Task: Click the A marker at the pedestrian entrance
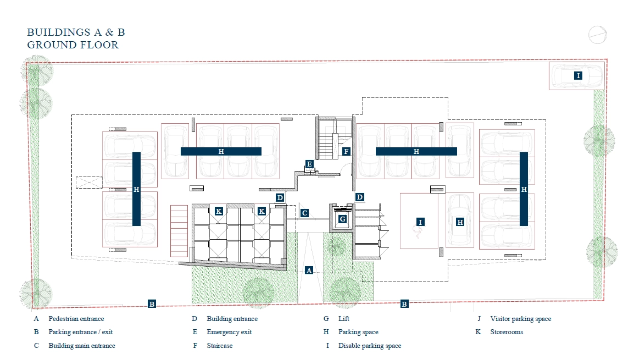309,270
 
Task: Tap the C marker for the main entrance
304,213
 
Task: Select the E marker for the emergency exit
309,164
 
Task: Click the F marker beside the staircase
347,151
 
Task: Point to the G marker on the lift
342,219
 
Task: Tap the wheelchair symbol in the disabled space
420,233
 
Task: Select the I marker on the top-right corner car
578,75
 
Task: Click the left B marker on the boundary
152,304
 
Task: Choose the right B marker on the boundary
404,304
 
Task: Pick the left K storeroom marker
219,212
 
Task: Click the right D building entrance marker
360,197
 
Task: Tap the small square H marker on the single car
460,222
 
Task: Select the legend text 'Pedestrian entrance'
76,319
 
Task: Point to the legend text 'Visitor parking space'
520,319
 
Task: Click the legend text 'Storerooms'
507,332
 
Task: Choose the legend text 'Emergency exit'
229,332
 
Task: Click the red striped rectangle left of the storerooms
179,231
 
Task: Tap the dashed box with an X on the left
89,182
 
